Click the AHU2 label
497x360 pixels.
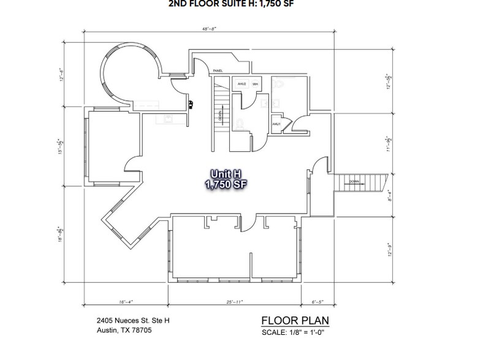pyautogui.click(x=241, y=83)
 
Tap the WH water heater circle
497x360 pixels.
pyautogui.click(x=254, y=84)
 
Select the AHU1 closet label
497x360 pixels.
pyautogui.click(x=276, y=124)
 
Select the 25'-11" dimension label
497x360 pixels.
pyautogui.click(x=234, y=302)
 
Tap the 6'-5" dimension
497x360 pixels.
pyautogui.click(x=319, y=302)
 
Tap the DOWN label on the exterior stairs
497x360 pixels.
pyautogui.click(x=354, y=181)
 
